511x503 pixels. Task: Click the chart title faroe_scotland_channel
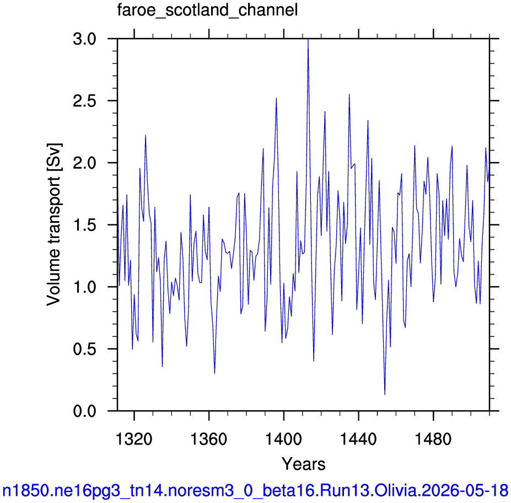[x=208, y=10]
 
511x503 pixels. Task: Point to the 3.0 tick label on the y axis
[x=85, y=39]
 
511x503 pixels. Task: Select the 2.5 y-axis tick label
[x=85, y=101]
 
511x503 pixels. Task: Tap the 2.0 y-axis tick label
[x=85, y=163]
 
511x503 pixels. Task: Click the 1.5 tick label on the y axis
[x=85, y=225]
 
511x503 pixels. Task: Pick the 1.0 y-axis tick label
[x=85, y=287]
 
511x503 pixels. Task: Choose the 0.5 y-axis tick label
[x=85, y=349]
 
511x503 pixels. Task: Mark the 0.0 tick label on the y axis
[x=85, y=411]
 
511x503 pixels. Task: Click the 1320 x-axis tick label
[x=134, y=439]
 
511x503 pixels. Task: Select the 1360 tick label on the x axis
[x=208, y=439]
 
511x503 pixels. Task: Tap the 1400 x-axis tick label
[x=283, y=439]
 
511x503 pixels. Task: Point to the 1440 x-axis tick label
[x=358, y=439]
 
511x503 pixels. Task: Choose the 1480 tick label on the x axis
[x=433, y=439]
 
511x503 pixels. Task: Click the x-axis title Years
[x=303, y=464]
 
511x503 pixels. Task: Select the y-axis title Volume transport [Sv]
[x=54, y=224]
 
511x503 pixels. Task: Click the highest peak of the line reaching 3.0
[x=308, y=39]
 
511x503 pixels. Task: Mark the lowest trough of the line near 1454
[x=385, y=394]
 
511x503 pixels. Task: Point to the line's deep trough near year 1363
[x=214, y=373]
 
